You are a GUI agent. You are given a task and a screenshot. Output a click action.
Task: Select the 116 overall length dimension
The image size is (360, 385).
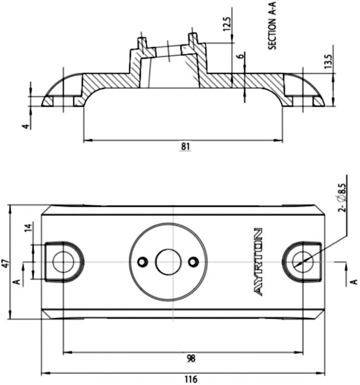[191, 379]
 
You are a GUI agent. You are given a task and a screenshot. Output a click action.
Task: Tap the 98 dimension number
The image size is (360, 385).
[190, 359]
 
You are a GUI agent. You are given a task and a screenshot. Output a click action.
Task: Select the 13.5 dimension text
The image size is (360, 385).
[328, 63]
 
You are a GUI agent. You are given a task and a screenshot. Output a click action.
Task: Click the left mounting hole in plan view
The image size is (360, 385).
[62, 262]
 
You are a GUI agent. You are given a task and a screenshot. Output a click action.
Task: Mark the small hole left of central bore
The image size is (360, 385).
[142, 261]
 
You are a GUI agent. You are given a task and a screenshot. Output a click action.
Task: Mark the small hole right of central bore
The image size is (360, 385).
[194, 261]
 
